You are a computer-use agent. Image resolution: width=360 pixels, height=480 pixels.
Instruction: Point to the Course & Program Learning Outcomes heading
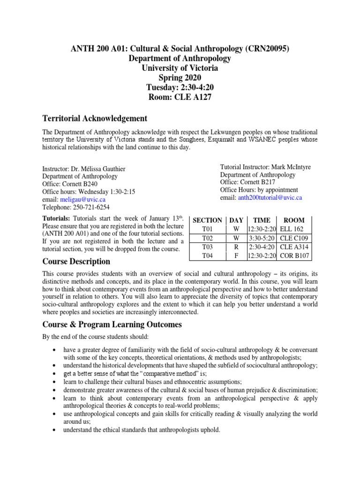(x=112, y=324)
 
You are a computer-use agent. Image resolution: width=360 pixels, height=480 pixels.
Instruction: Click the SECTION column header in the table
(x=207, y=220)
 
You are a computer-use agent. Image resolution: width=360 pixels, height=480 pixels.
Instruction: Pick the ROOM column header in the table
(x=294, y=220)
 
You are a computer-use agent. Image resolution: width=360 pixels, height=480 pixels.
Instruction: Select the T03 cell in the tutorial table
(x=207, y=247)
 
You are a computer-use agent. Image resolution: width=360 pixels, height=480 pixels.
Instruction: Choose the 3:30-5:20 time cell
(x=262, y=238)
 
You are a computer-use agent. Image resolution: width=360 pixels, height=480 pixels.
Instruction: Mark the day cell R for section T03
(x=236, y=247)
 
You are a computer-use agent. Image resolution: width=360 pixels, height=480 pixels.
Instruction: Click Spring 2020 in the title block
(x=180, y=77)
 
